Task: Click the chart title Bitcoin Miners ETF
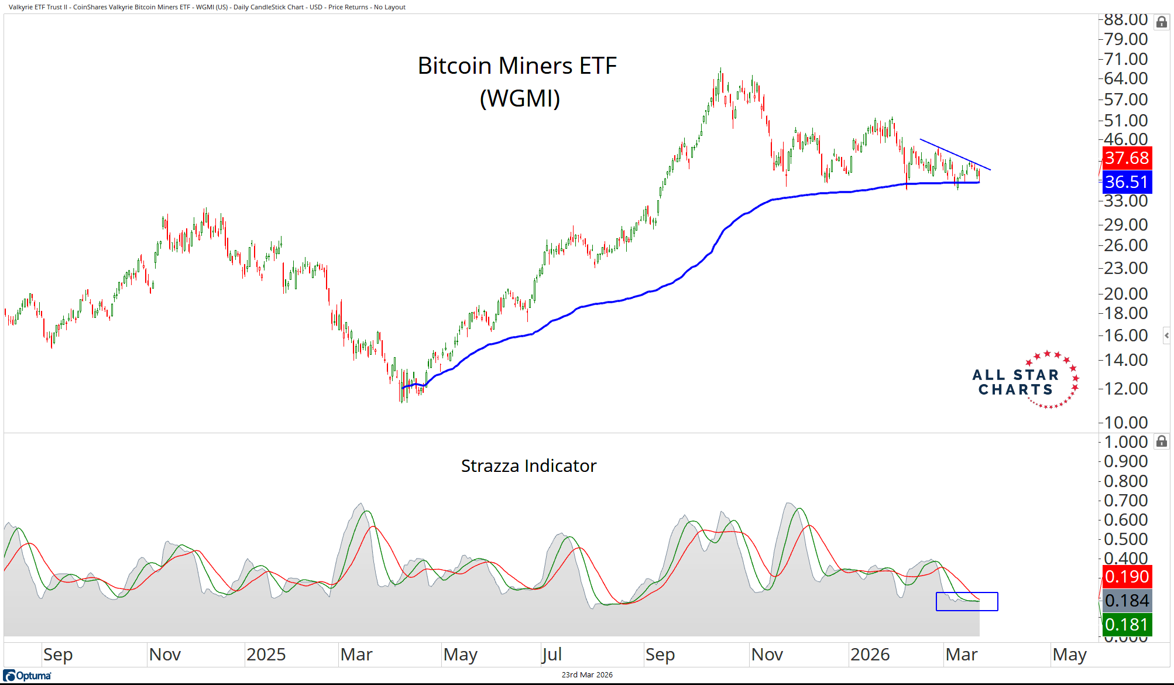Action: point(517,66)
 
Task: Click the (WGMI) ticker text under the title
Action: point(520,98)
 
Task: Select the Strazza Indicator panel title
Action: point(528,466)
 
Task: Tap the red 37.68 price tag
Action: point(1127,158)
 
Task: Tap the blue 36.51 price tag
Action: point(1127,182)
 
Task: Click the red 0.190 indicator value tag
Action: point(1127,577)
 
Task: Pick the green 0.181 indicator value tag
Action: point(1127,625)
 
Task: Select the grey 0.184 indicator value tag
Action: point(1127,601)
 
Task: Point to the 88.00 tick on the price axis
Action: point(1125,20)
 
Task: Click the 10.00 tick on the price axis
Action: point(1125,422)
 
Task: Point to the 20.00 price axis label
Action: point(1125,293)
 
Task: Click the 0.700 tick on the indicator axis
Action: point(1125,501)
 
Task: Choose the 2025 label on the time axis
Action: point(266,655)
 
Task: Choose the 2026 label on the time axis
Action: point(870,655)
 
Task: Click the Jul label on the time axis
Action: point(552,655)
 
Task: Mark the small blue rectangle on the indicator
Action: point(967,602)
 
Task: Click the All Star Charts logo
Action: point(1024,381)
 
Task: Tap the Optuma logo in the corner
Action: point(28,676)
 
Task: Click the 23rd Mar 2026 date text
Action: point(587,675)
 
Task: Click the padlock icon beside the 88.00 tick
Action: point(1161,22)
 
